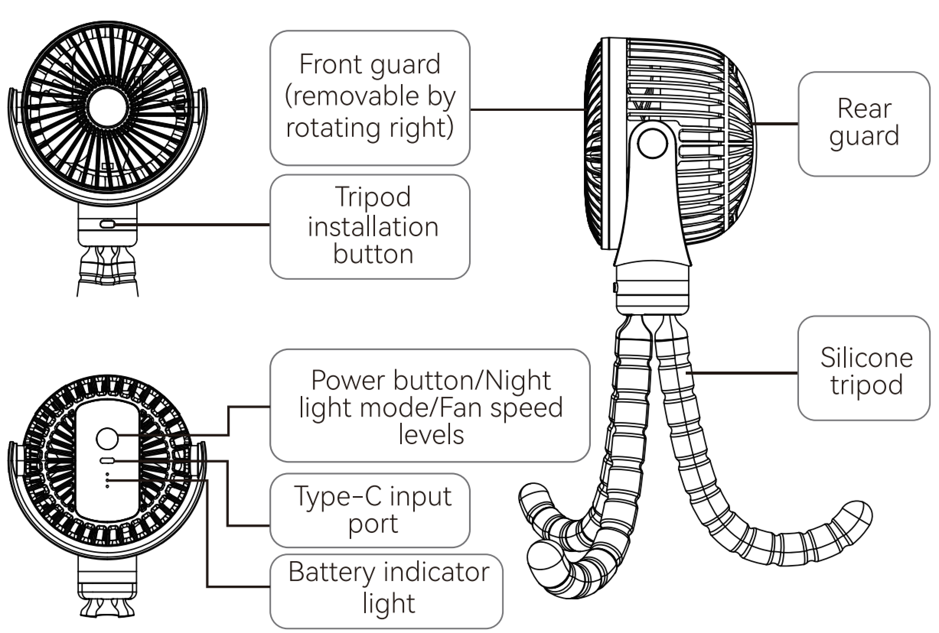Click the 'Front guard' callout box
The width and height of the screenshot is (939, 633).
370,98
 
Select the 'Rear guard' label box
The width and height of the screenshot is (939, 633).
864,124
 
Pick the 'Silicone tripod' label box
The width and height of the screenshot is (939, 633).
864,368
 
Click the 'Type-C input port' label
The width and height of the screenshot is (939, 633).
370,510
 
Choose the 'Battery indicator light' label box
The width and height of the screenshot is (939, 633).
386,591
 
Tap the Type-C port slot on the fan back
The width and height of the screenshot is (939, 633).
107,460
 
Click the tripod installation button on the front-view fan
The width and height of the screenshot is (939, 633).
107,224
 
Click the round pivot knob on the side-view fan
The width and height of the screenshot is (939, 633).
652,143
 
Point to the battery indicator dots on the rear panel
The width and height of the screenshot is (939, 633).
107,480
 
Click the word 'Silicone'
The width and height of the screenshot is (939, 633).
867,358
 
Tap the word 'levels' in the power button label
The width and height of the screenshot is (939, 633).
431,435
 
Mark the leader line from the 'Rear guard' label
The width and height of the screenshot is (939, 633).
776,124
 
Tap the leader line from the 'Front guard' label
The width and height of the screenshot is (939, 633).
528,109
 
